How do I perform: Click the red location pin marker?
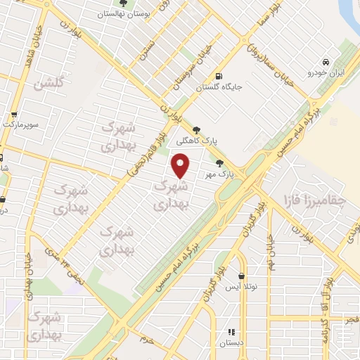coord(181,166)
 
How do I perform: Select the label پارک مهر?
coord(219,172)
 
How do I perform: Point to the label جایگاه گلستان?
coord(218,87)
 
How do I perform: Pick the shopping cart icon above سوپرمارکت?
coord(14,114)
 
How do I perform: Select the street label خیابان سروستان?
coord(192,62)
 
